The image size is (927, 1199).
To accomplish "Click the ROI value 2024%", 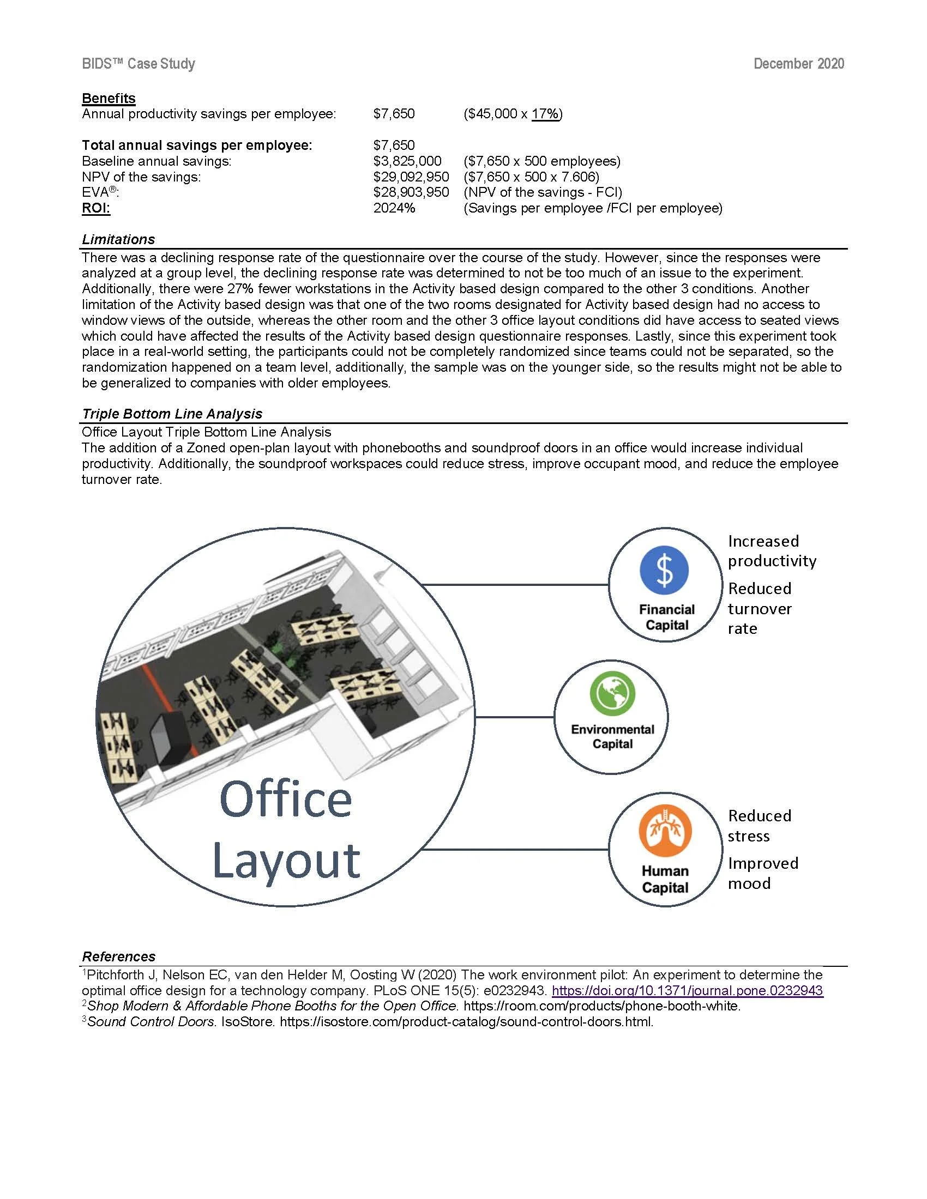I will pyautogui.click(x=394, y=208).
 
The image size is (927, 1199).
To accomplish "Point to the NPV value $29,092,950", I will pyautogui.click(x=411, y=177).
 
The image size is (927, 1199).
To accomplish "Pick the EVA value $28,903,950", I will pyautogui.click(x=411, y=192).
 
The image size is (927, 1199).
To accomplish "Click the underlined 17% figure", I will pyautogui.click(x=545, y=114).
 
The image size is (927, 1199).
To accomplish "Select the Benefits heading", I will pyautogui.click(x=109, y=98).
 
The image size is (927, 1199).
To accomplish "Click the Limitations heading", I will pyautogui.click(x=118, y=239).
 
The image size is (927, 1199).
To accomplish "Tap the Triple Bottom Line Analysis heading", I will pyautogui.click(x=172, y=414).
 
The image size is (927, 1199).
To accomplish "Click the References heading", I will pyautogui.click(x=119, y=956).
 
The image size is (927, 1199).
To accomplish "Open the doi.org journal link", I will pyautogui.click(x=687, y=990).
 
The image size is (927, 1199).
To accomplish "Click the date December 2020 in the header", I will pyautogui.click(x=798, y=64).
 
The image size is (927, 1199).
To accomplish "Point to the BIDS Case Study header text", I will pyautogui.click(x=139, y=64).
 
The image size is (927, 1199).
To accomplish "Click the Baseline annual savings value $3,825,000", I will pyautogui.click(x=407, y=161).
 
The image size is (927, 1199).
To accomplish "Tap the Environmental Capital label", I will pyautogui.click(x=612, y=737).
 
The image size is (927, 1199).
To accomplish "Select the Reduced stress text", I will pyautogui.click(x=760, y=826).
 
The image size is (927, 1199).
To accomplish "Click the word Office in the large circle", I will pyautogui.click(x=286, y=799).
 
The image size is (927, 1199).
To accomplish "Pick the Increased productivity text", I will pyautogui.click(x=772, y=550).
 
